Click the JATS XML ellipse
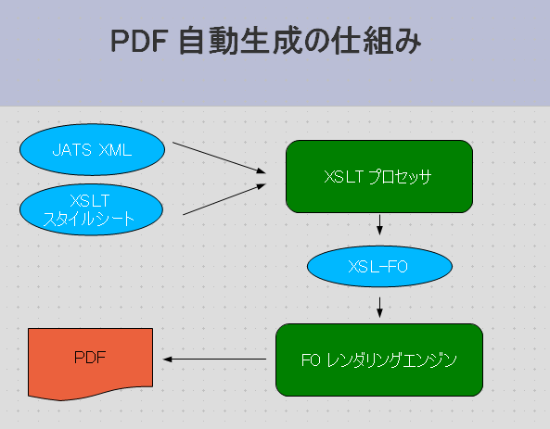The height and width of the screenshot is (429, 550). click(x=93, y=149)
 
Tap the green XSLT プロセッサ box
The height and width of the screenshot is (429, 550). click(x=379, y=177)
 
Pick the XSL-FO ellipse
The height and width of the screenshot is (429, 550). click(x=378, y=268)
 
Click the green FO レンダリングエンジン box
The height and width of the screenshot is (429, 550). click(x=378, y=360)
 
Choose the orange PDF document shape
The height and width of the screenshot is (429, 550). click(x=91, y=357)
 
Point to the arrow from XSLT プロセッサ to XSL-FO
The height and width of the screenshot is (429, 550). click(x=379, y=225)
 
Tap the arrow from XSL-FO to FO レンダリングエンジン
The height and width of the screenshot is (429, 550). click(x=379, y=307)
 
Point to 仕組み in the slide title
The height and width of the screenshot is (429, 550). click(x=386, y=42)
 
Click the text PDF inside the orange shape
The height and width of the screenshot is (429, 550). click(x=91, y=356)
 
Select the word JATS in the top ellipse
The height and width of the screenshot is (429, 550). click(x=72, y=149)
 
